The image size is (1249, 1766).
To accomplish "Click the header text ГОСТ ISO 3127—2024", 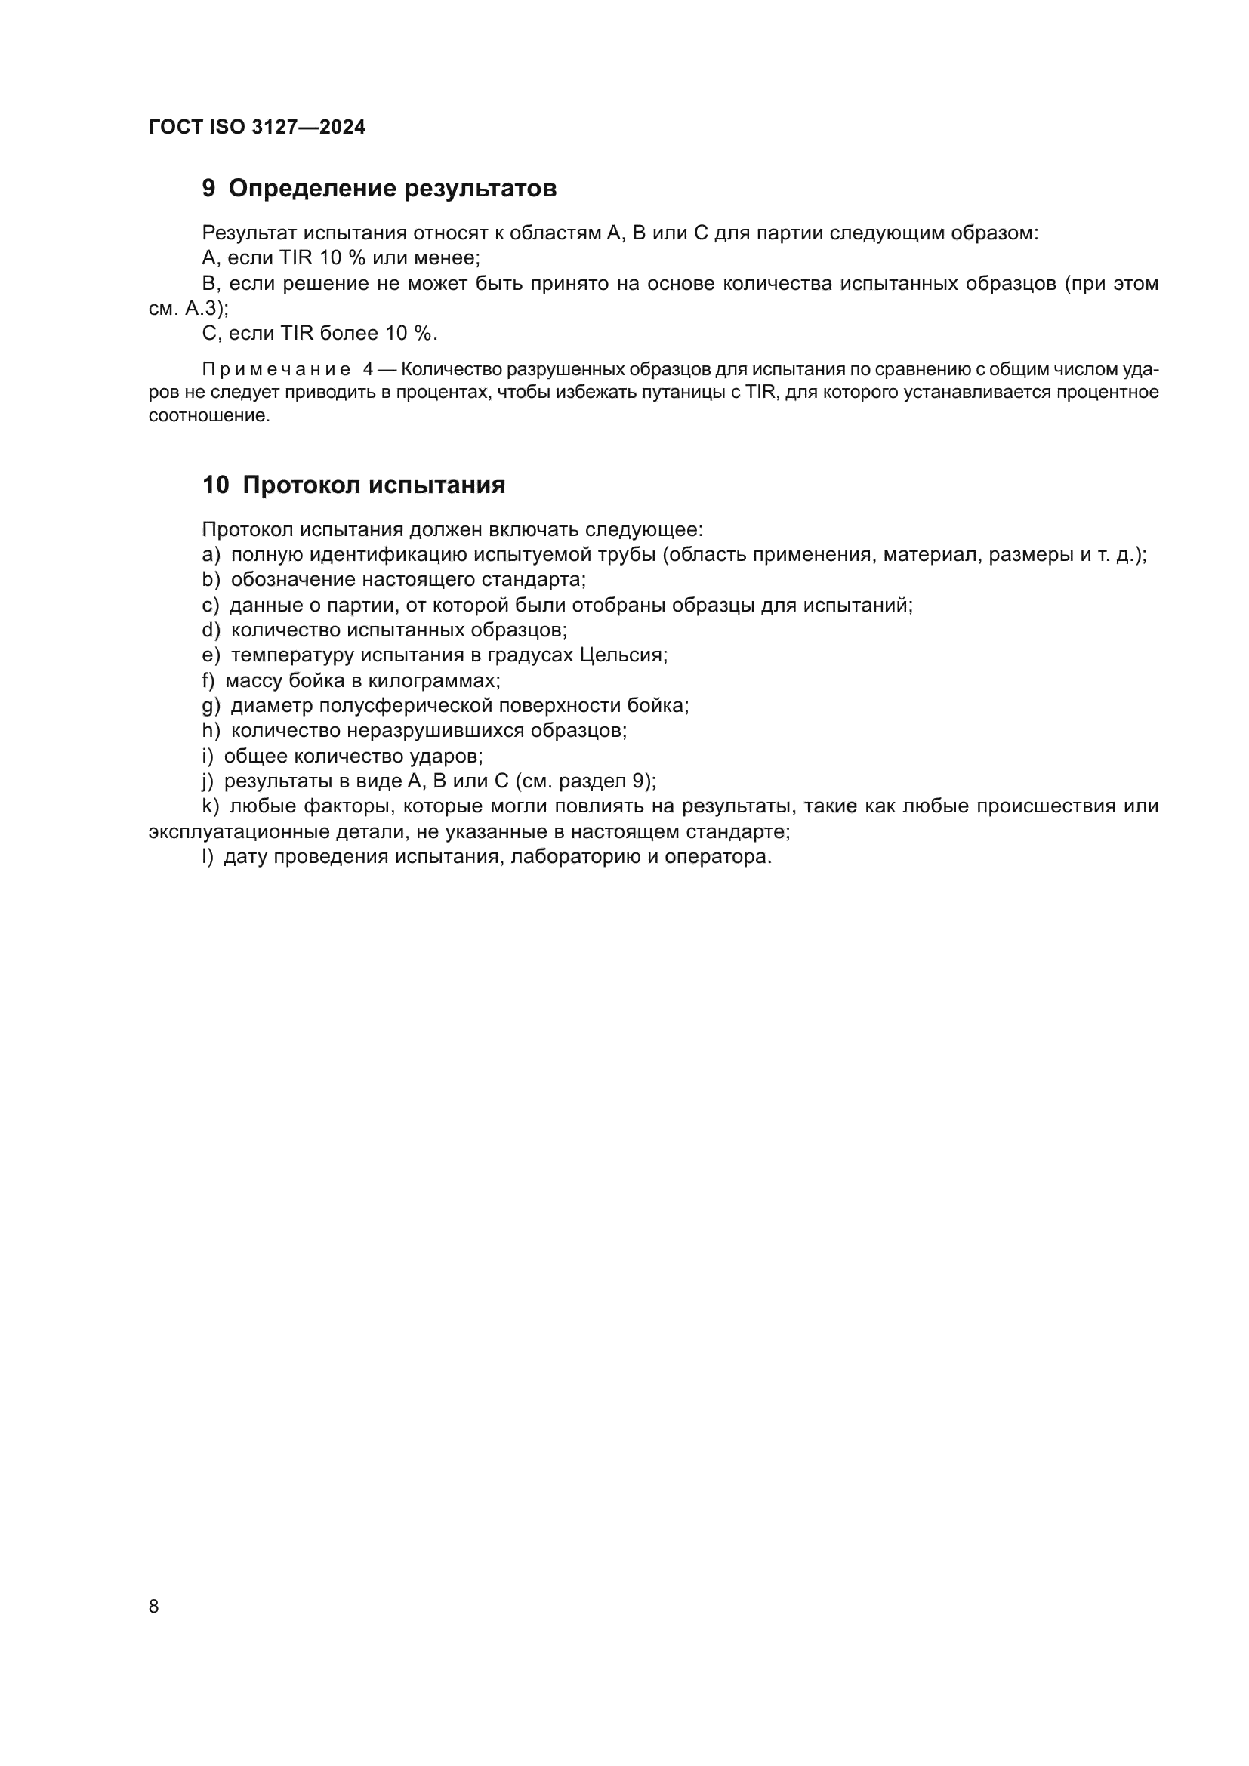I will point(257,127).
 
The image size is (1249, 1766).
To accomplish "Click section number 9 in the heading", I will point(208,189).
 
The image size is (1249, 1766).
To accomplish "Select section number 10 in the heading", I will point(215,485).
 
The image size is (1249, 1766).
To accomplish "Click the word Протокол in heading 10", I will point(302,485).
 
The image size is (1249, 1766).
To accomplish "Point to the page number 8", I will point(154,1607).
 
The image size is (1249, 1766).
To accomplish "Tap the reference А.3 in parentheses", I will point(203,310).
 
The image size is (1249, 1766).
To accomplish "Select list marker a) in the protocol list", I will point(211,556).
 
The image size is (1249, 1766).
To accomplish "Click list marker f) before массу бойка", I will point(208,682).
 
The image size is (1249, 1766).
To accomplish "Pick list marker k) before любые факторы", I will point(211,807).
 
